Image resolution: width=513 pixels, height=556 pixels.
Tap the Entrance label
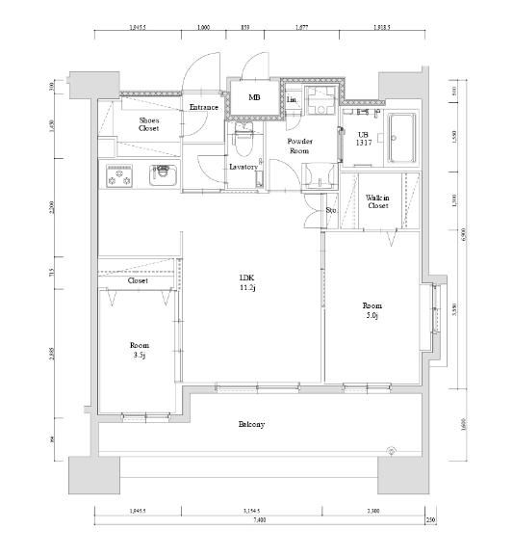point(203,107)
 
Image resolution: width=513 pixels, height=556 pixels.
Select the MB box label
point(254,97)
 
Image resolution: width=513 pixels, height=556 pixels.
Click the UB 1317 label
point(363,138)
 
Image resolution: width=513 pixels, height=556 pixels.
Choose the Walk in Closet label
point(376,201)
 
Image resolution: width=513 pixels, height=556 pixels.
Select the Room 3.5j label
point(140,349)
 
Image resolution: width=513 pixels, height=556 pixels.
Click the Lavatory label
point(243,166)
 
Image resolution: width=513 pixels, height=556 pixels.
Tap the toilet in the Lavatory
point(245,142)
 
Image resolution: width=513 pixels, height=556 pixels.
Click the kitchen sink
point(162,178)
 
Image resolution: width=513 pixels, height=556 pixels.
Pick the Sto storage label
point(330,209)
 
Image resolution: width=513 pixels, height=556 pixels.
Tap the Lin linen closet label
point(291,98)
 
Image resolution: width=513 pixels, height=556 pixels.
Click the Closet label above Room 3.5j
point(138,280)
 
